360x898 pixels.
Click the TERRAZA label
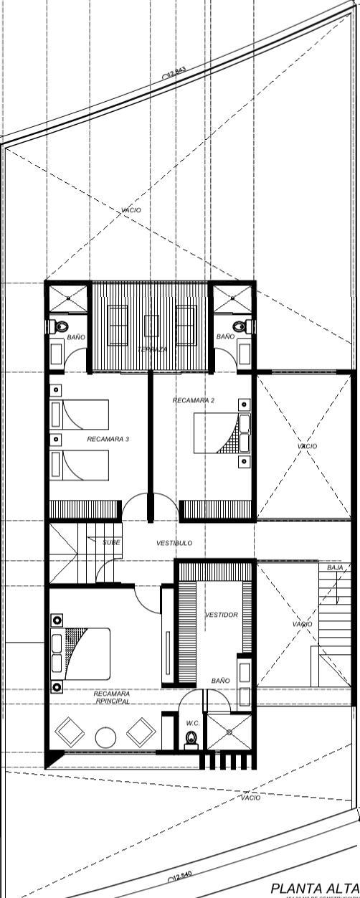tap(153, 349)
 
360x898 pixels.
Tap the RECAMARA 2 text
tap(193, 400)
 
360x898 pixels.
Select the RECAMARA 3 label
tap(108, 438)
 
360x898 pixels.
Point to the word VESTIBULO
tap(174, 544)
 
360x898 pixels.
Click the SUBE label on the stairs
tap(110, 543)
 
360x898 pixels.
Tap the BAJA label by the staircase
tap(335, 567)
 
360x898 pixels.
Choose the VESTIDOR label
tap(222, 615)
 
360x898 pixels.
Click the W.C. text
tap(191, 722)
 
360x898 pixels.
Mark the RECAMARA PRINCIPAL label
tap(111, 698)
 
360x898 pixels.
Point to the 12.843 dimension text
tap(176, 72)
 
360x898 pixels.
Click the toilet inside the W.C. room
tap(191, 738)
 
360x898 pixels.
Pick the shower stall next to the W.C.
tap(229, 732)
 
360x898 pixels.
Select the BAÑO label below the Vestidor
tap(220, 680)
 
